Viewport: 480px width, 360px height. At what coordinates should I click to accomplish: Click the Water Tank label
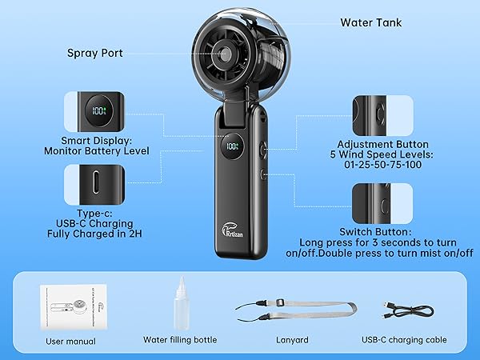tap(370, 22)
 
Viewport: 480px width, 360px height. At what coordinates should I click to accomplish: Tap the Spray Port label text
tap(95, 54)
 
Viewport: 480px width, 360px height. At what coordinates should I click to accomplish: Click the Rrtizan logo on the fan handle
tap(232, 230)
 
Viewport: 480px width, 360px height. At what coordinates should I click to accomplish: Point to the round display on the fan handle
tap(233, 146)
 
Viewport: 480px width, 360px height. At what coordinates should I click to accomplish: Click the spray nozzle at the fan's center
tap(226, 54)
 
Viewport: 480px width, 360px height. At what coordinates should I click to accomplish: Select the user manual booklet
tap(74, 307)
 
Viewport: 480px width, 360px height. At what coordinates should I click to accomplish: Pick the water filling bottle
tap(182, 302)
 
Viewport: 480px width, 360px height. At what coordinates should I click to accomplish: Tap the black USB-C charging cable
tap(408, 310)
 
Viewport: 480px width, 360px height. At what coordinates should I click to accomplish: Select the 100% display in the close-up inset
tap(98, 110)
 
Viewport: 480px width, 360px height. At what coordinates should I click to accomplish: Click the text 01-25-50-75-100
tap(382, 164)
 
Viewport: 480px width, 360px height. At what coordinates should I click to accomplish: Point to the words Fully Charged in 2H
tap(94, 234)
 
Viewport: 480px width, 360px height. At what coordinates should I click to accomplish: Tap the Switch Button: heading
tap(375, 232)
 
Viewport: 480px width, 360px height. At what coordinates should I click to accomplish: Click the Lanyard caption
tap(292, 340)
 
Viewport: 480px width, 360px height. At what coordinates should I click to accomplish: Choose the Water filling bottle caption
tap(180, 340)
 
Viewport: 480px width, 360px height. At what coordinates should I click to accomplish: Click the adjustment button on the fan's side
tap(263, 150)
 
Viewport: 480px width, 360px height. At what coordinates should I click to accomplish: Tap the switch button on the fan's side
tap(263, 174)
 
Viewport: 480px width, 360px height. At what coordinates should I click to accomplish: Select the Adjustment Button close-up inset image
tap(382, 115)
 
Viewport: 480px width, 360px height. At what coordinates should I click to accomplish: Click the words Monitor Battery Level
tap(97, 151)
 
